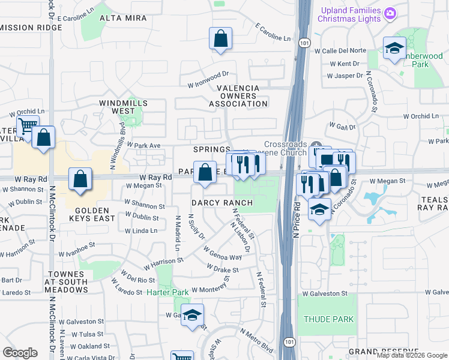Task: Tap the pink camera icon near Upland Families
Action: pyautogui.click(x=390, y=13)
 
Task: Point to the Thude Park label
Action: pyautogui.click(x=328, y=319)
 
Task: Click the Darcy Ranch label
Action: pyautogui.click(x=222, y=203)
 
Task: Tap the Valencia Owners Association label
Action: pyautogui.click(x=242, y=95)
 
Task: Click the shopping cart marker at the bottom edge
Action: pyautogui.click(x=182, y=356)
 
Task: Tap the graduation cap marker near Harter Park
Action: pyautogui.click(x=192, y=315)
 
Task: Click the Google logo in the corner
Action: pyautogui.click(x=20, y=353)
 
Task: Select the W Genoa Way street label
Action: pyautogui.click(x=222, y=253)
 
